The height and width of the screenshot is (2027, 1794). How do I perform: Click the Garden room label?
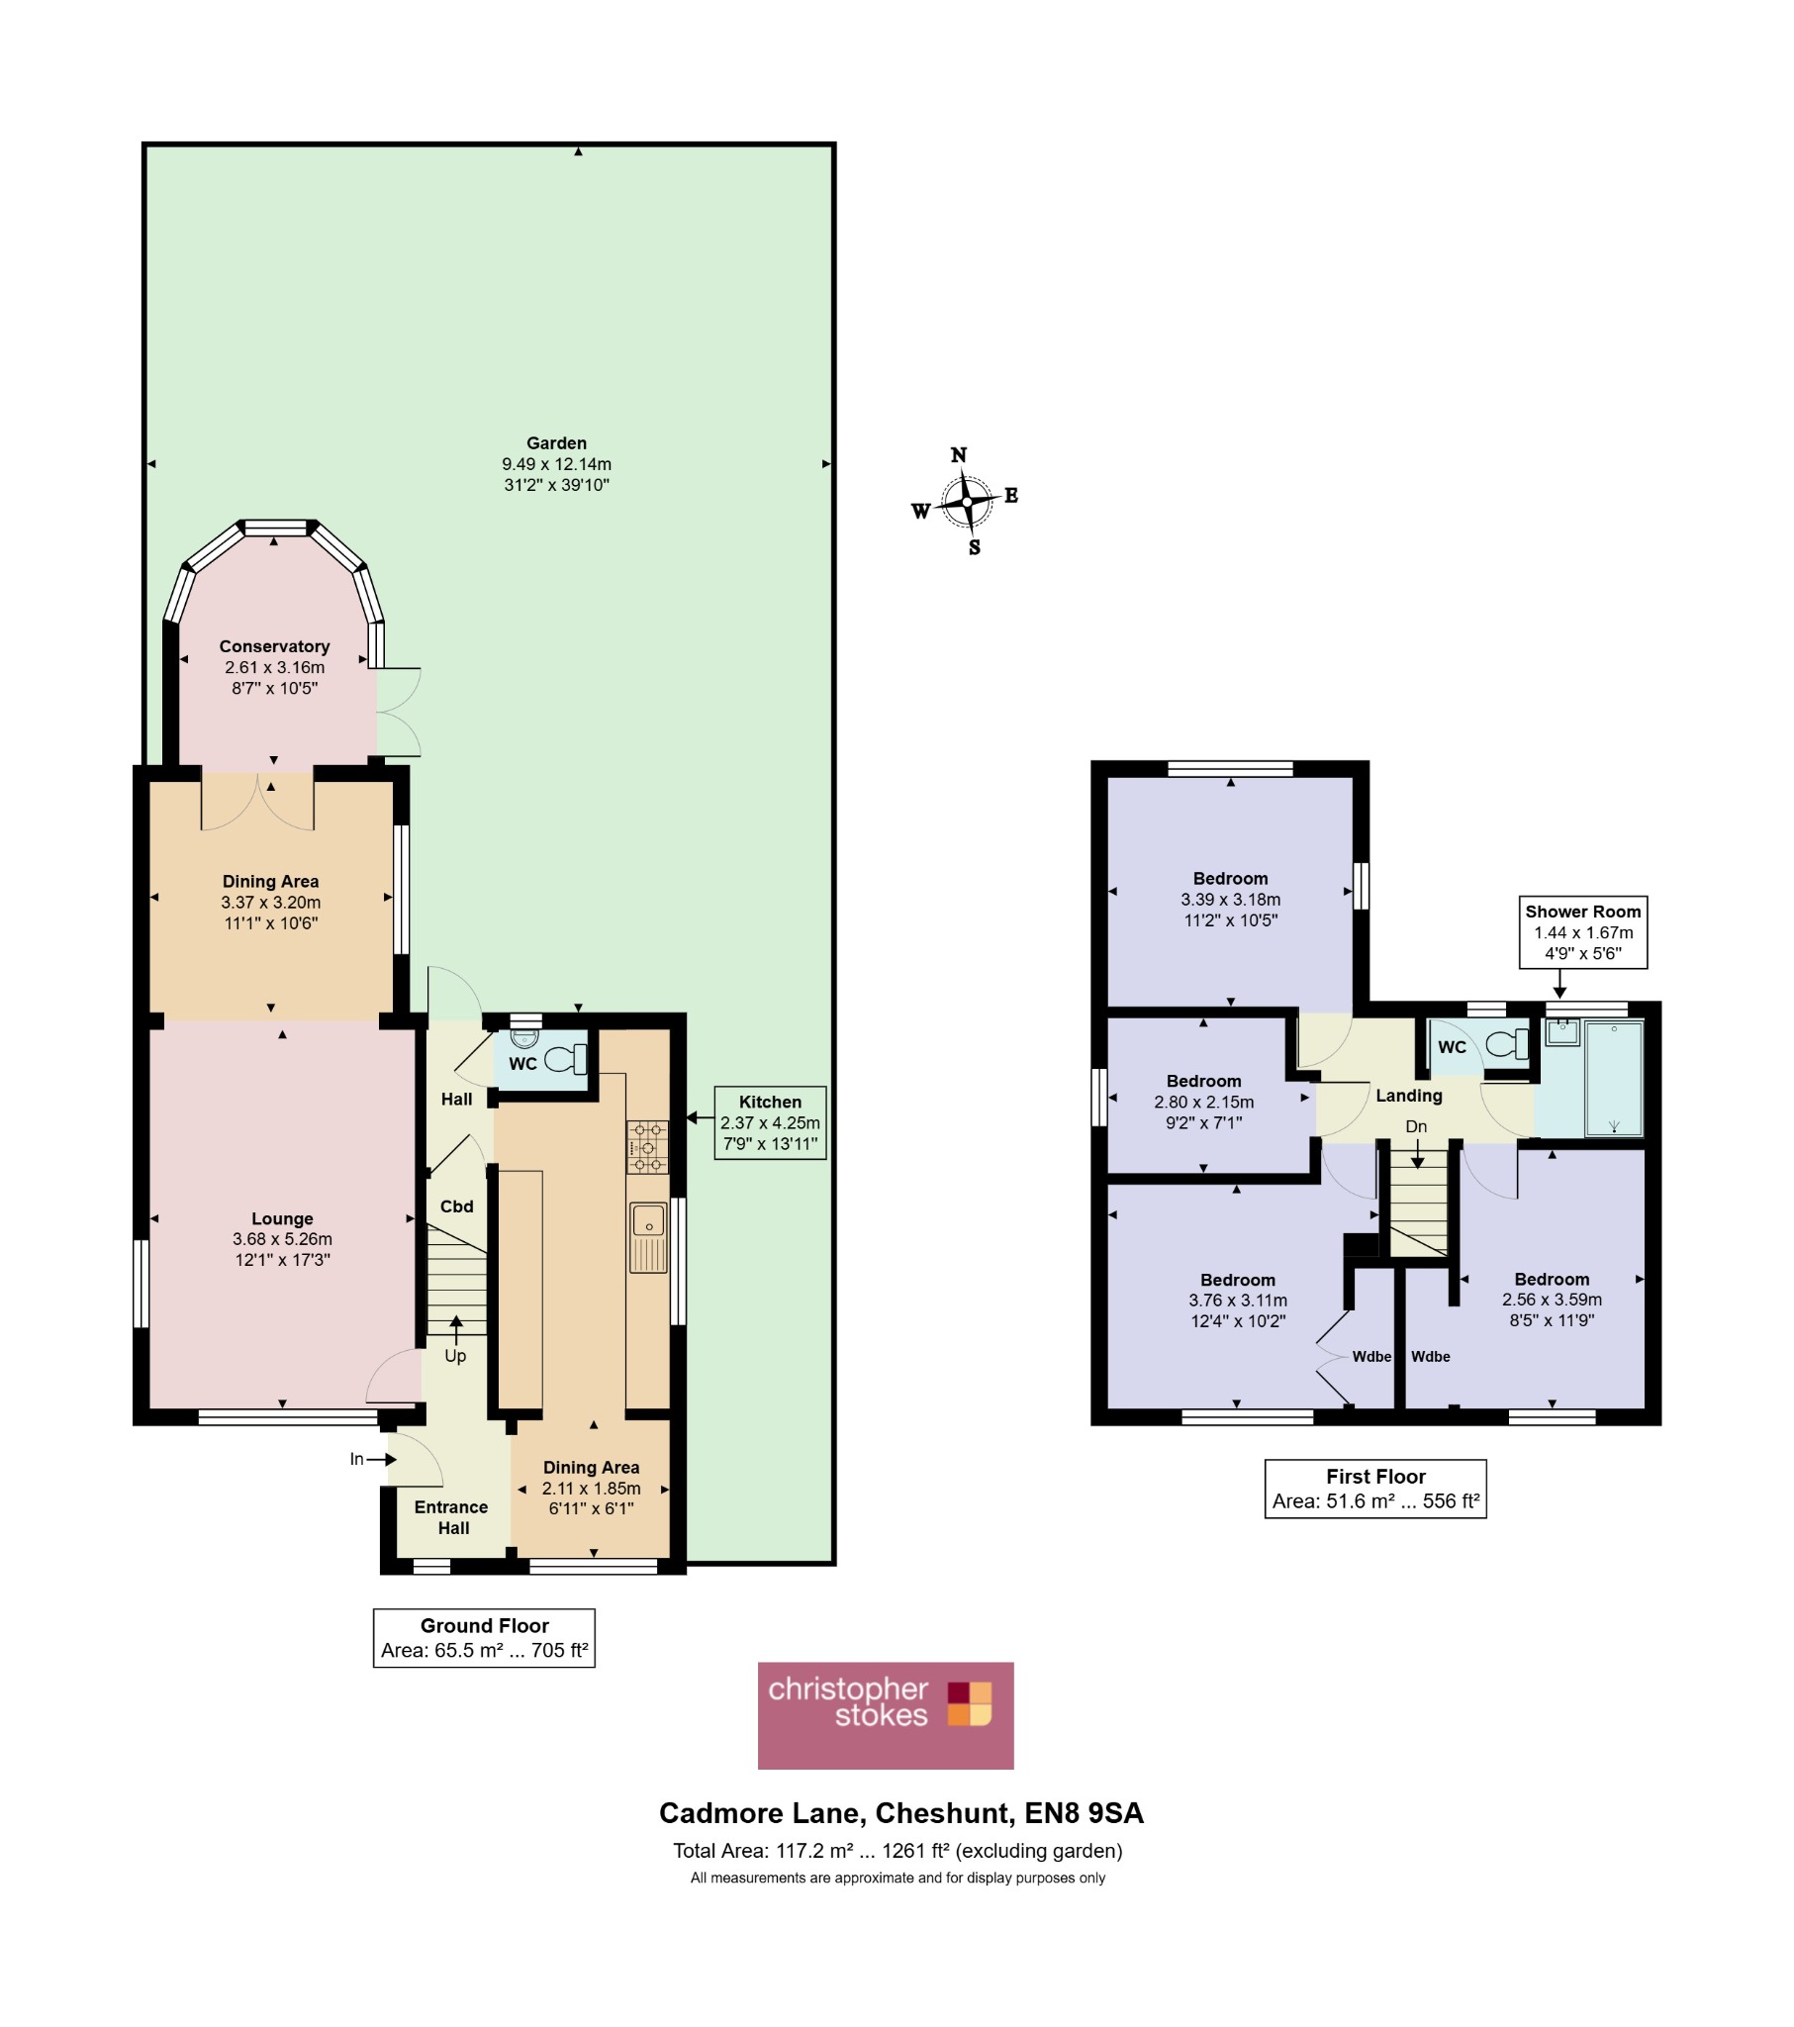tap(556, 443)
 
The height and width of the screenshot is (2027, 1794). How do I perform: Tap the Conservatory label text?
tap(274, 646)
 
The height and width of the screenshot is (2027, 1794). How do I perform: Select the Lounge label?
tap(282, 1218)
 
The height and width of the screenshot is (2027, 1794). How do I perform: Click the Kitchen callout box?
tap(770, 1122)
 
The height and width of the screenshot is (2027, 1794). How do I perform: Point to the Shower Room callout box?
tap(1583, 931)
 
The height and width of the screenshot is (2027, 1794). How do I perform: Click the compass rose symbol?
tap(965, 502)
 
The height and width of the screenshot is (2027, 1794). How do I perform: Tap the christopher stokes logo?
tap(886, 1714)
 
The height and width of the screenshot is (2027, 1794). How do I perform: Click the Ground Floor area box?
tap(484, 1637)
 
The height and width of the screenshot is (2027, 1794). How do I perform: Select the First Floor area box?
tap(1375, 1489)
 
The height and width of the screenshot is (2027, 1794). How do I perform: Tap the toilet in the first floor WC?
tap(1507, 1044)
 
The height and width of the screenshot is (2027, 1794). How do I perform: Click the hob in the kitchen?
tap(646, 1146)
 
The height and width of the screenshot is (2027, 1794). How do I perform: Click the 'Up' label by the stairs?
tap(455, 1356)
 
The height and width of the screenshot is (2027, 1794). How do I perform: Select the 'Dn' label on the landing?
tap(1416, 1126)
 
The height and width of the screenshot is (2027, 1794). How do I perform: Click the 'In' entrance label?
tap(357, 1459)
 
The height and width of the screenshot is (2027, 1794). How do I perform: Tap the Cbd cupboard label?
tap(456, 1207)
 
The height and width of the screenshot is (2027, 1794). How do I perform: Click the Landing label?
tap(1408, 1096)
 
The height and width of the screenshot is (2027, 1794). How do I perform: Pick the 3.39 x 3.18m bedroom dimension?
tap(1230, 900)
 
